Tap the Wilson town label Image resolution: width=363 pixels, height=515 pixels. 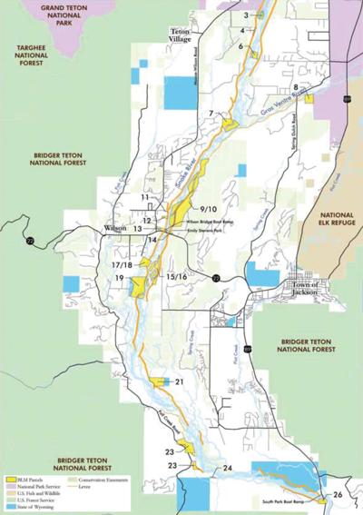click(115, 226)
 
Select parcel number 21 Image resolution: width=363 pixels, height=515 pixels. click(179, 381)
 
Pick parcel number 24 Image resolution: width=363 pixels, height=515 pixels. click(227, 468)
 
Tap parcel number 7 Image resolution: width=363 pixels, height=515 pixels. click(211, 114)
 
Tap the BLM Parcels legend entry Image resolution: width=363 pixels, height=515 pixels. click(31, 478)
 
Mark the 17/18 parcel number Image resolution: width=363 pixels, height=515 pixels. click(123, 264)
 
